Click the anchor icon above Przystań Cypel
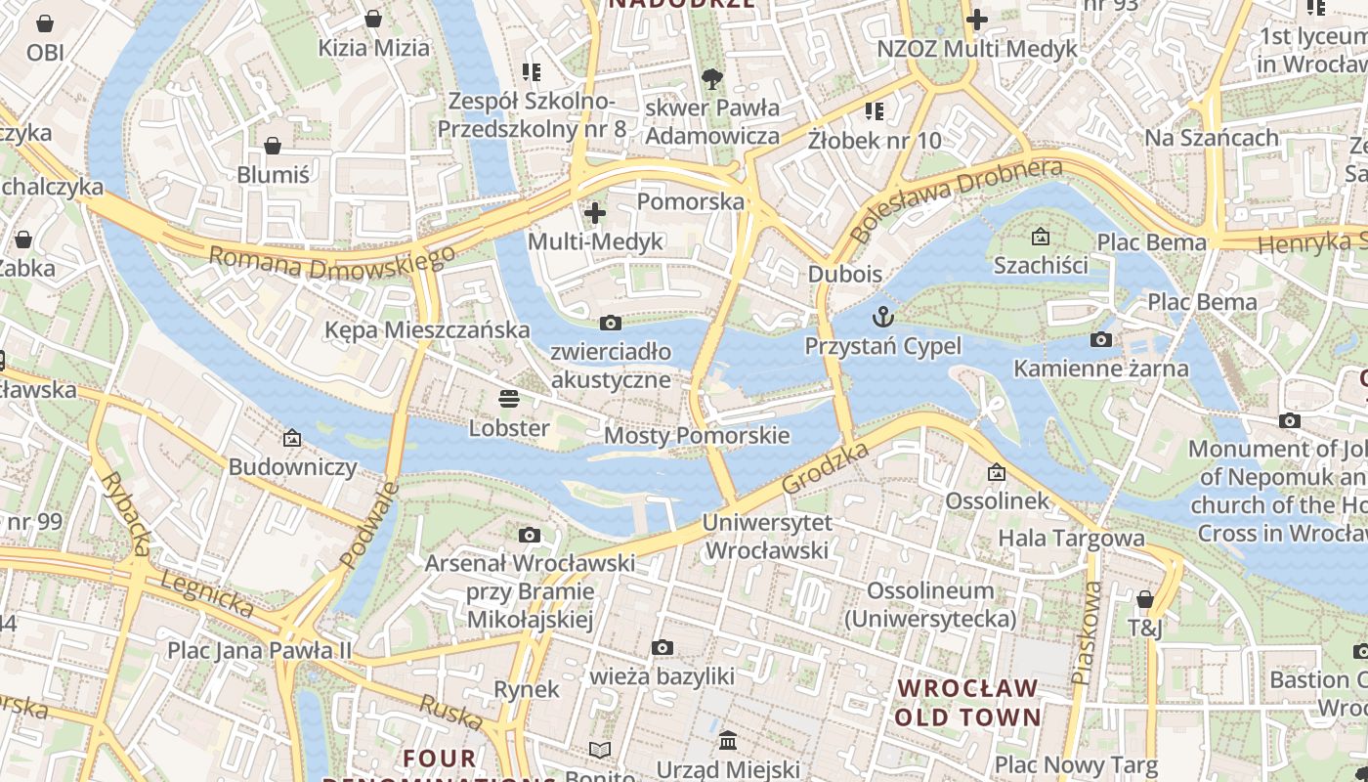pos(883,316)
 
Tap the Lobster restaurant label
pos(509,428)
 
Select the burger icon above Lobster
pos(508,398)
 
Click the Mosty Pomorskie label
pos(697,435)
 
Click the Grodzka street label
pos(826,468)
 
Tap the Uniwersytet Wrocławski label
pos(767,537)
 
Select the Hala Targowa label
pos(1071,538)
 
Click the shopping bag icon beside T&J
pos(1145,598)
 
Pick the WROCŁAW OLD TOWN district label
pos(968,703)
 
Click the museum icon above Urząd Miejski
pos(728,740)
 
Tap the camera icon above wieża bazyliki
pos(663,647)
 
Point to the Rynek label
pos(527,689)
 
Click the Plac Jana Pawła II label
pos(259,650)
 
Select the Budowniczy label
pos(293,467)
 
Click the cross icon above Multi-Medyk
pos(594,212)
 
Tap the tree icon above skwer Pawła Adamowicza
pos(712,78)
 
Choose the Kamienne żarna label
pos(1101,369)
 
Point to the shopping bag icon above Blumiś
pos(273,146)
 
